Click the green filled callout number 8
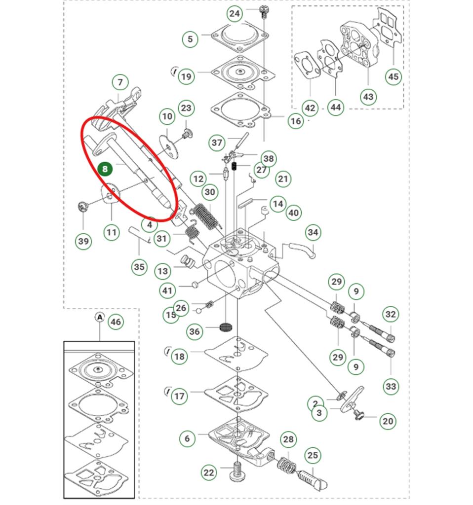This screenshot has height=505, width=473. [105, 169]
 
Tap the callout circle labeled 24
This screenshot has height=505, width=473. [235, 14]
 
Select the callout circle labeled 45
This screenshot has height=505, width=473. [393, 76]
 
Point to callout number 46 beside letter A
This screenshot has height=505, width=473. [116, 322]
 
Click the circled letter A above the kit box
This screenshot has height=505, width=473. [100, 317]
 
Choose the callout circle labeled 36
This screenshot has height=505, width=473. [195, 331]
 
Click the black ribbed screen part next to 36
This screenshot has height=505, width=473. [225, 327]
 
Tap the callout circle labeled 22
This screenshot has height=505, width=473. [209, 472]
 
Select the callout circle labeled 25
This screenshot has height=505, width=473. [312, 455]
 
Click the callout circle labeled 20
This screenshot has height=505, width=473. [388, 421]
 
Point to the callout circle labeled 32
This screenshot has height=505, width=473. [391, 314]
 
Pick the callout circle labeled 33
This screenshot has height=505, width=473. [391, 386]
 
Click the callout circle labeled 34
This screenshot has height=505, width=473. [313, 232]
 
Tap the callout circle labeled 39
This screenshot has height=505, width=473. [83, 241]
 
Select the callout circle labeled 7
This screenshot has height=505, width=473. [120, 82]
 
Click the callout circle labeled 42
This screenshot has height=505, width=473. [310, 108]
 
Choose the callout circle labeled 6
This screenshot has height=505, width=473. [187, 438]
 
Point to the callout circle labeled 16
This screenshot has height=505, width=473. [296, 121]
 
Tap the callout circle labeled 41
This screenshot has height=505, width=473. [168, 290]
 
